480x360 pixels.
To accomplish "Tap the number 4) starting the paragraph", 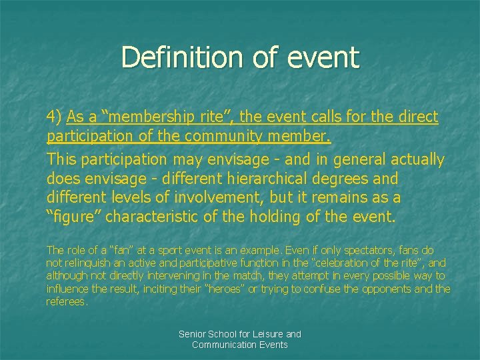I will coord(54,117).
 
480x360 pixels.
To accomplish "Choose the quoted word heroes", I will coord(225,288).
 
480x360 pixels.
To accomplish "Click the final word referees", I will coord(67,301).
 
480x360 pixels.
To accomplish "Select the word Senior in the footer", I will coord(194,333).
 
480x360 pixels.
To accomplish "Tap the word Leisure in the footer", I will coord(266,333).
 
